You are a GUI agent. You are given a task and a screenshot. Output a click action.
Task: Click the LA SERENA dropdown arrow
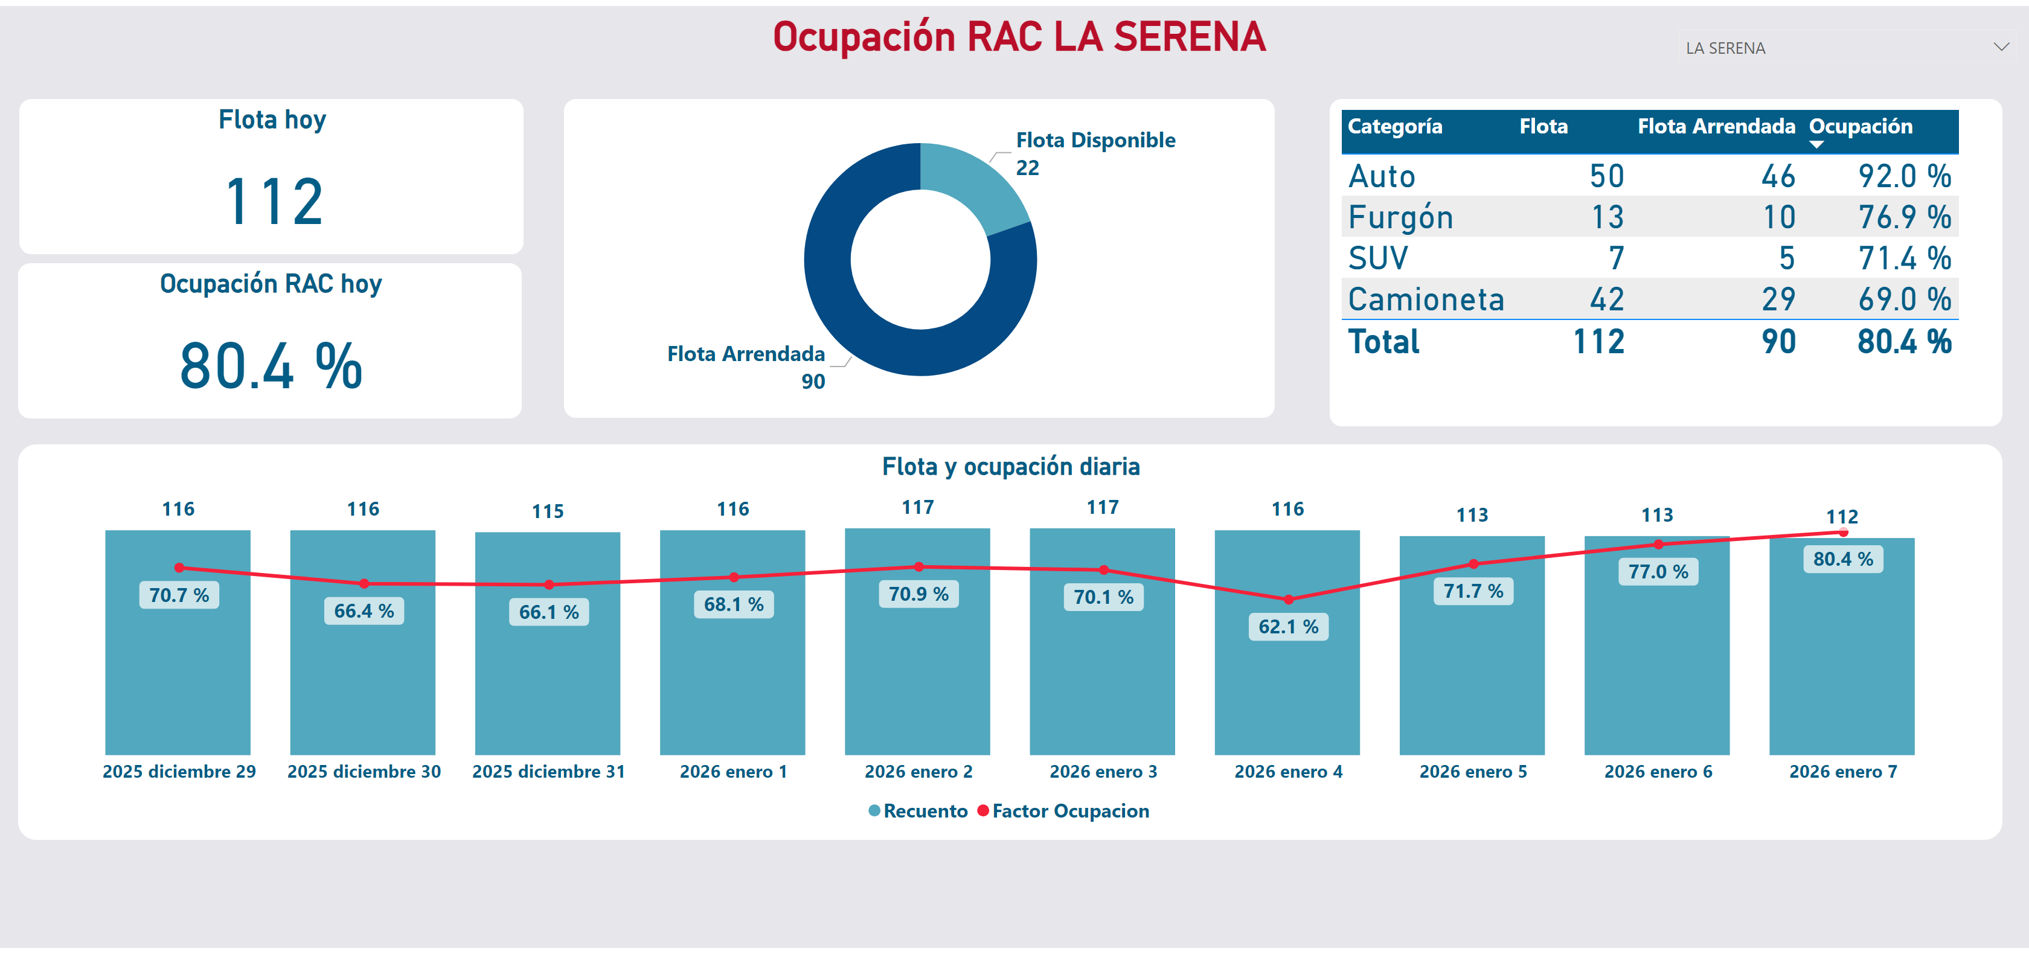(x=2001, y=47)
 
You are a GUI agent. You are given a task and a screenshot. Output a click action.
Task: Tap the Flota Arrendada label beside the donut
(x=745, y=354)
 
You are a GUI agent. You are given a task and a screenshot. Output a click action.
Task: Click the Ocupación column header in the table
(x=1860, y=127)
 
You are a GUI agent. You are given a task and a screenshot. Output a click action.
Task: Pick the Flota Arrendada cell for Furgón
(x=1778, y=217)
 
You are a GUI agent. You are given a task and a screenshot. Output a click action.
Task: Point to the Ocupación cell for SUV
(x=1904, y=258)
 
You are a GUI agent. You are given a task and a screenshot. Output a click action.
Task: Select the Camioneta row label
(x=1426, y=299)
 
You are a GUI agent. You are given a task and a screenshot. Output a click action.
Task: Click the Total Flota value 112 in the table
(x=1598, y=342)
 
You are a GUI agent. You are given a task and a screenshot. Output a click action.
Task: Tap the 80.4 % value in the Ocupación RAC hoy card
(x=271, y=367)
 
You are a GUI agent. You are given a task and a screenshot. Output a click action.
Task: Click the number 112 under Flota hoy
(x=274, y=202)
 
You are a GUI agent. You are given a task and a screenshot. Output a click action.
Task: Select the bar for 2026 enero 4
(x=1286, y=685)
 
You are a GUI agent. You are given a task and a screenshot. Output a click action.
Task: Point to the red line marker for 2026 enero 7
(x=1843, y=533)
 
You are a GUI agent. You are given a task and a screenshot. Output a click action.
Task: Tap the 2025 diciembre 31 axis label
(x=548, y=771)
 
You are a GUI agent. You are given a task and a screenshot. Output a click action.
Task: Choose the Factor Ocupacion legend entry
(x=1069, y=811)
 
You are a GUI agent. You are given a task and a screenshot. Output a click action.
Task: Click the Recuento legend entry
(x=925, y=811)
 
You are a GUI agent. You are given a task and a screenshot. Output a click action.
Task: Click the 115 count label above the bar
(x=548, y=511)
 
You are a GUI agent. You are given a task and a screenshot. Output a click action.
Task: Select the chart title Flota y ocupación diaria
(x=1010, y=466)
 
